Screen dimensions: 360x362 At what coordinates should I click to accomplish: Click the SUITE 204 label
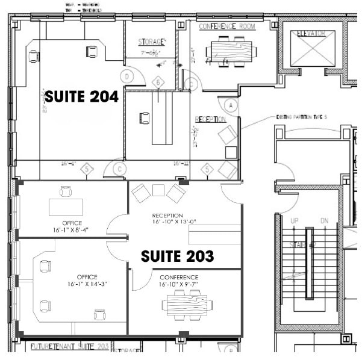point(82,96)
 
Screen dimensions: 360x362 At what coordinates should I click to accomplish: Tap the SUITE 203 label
point(177,256)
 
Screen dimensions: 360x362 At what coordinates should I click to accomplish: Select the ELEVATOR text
point(311,34)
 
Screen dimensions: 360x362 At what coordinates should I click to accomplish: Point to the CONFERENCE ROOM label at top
point(227,26)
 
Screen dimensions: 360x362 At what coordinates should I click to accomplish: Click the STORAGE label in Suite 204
point(151,42)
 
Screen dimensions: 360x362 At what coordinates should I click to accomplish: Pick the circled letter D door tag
point(127,76)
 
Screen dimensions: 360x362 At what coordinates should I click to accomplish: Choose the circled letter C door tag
point(120,169)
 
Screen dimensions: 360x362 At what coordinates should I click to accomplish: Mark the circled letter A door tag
point(229,105)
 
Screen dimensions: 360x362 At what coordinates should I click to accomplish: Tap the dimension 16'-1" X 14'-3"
point(87,284)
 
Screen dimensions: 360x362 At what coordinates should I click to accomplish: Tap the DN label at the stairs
point(324,221)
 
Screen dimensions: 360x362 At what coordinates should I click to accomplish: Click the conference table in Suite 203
point(184,301)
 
